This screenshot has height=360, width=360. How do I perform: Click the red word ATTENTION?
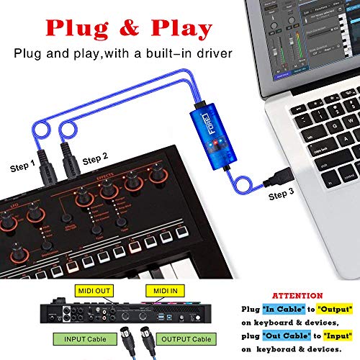click(x=294, y=295)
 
